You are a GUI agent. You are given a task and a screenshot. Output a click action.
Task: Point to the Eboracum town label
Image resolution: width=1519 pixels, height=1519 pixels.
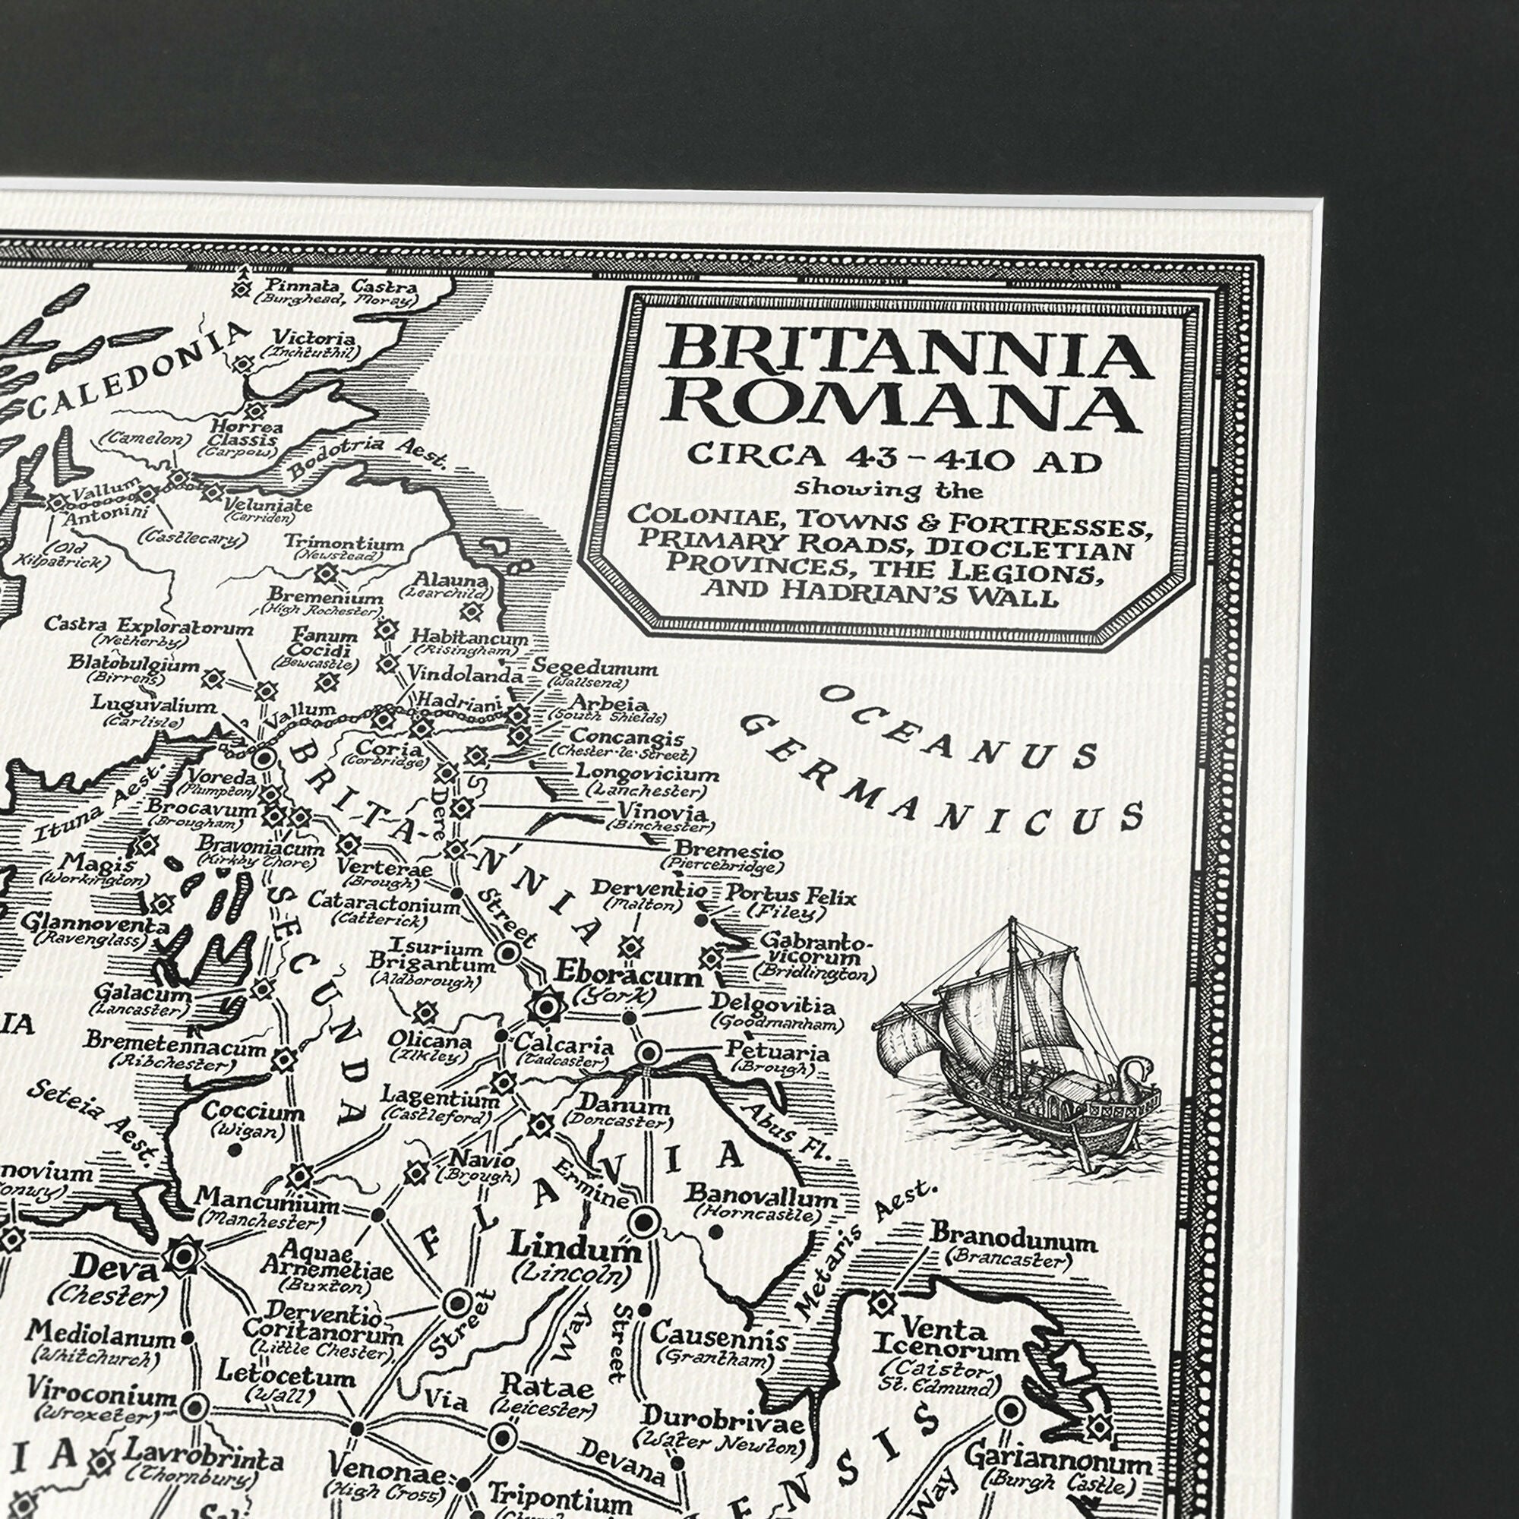tap(628, 976)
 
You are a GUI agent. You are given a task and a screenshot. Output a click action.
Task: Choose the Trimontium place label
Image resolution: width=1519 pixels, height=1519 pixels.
tap(343, 542)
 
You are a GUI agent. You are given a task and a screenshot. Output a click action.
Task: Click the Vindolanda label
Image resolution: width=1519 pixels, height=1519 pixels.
tap(465, 674)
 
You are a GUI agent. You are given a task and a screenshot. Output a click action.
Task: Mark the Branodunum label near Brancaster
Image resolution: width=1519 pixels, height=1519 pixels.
tap(1013, 1241)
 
